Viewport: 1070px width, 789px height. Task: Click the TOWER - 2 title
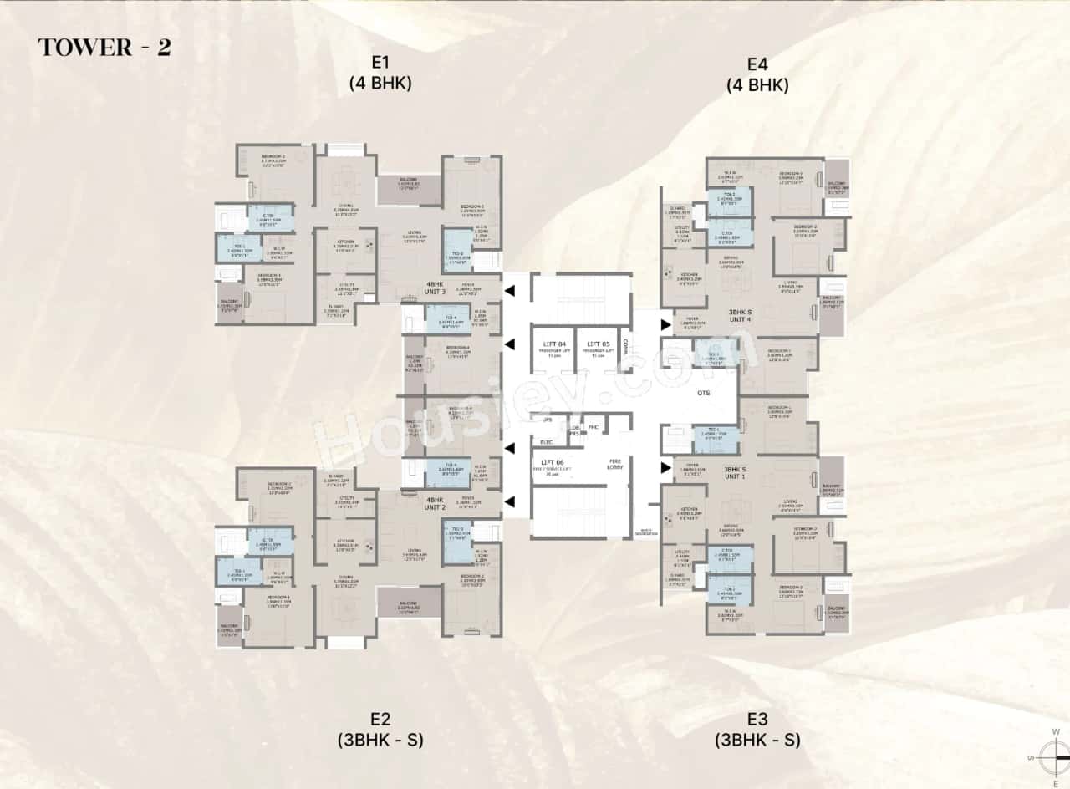point(104,48)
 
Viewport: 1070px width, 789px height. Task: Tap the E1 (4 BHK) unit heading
point(381,73)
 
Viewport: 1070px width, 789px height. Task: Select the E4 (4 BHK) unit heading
point(758,73)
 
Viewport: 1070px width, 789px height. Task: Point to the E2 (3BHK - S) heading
point(381,730)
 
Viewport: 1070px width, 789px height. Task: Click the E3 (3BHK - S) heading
point(758,730)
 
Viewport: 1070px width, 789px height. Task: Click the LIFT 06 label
point(553,462)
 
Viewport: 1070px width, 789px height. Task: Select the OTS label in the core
point(704,393)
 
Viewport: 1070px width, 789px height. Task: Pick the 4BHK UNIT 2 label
point(436,503)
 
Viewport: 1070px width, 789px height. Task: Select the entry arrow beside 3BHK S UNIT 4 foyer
point(666,324)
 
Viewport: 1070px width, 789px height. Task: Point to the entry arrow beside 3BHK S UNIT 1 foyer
point(666,467)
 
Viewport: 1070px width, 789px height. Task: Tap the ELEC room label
point(548,441)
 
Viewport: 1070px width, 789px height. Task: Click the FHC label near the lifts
point(594,428)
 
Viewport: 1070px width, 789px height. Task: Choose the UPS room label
point(548,420)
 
